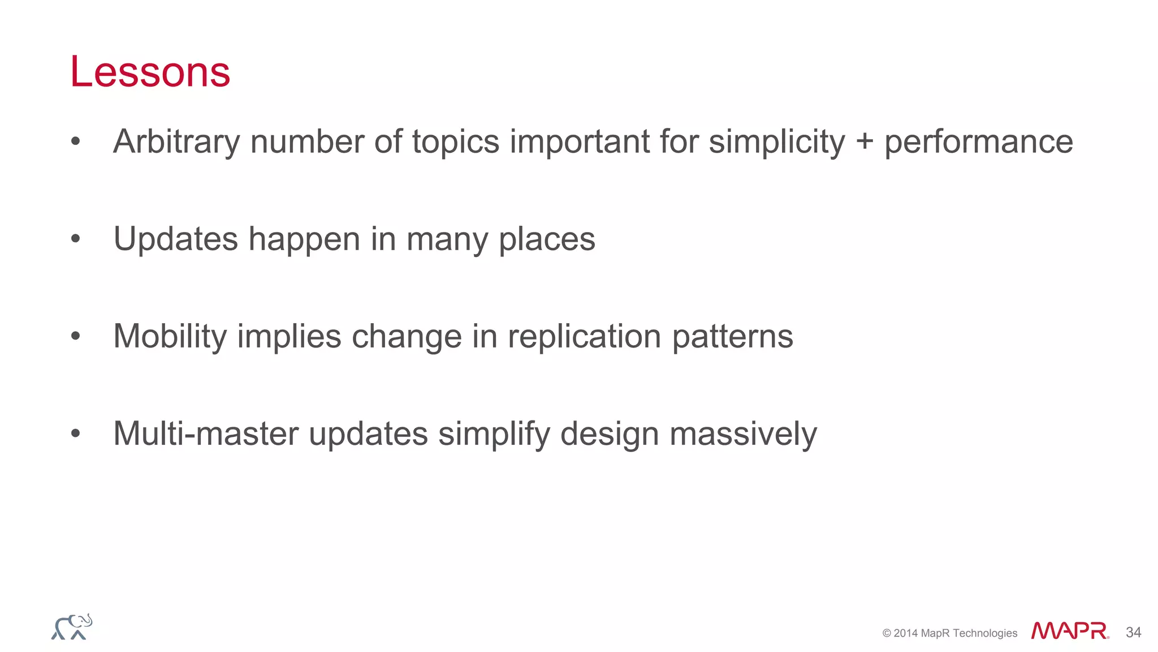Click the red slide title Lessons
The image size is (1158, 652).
tap(150, 72)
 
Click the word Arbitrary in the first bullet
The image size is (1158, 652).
tap(176, 141)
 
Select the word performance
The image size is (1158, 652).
tap(978, 141)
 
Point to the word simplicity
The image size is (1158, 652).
tap(777, 141)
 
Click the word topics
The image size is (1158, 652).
tap(456, 141)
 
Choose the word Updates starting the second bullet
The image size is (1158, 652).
tap(175, 239)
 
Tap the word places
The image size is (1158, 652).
tap(547, 239)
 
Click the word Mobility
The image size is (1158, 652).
tap(170, 336)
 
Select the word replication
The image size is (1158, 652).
tap(584, 336)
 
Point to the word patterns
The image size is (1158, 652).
tap(732, 336)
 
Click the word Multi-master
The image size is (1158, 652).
tap(206, 434)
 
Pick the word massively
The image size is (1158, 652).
tap(743, 434)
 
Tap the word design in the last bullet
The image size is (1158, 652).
tap(610, 434)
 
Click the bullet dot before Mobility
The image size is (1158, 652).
tap(76, 337)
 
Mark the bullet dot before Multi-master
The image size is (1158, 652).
tap(76, 434)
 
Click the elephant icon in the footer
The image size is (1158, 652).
tap(72, 627)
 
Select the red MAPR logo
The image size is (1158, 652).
tap(1069, 631)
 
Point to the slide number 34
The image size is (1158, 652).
tap(1133, 632)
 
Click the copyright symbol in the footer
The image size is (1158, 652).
tap(887, 633)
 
